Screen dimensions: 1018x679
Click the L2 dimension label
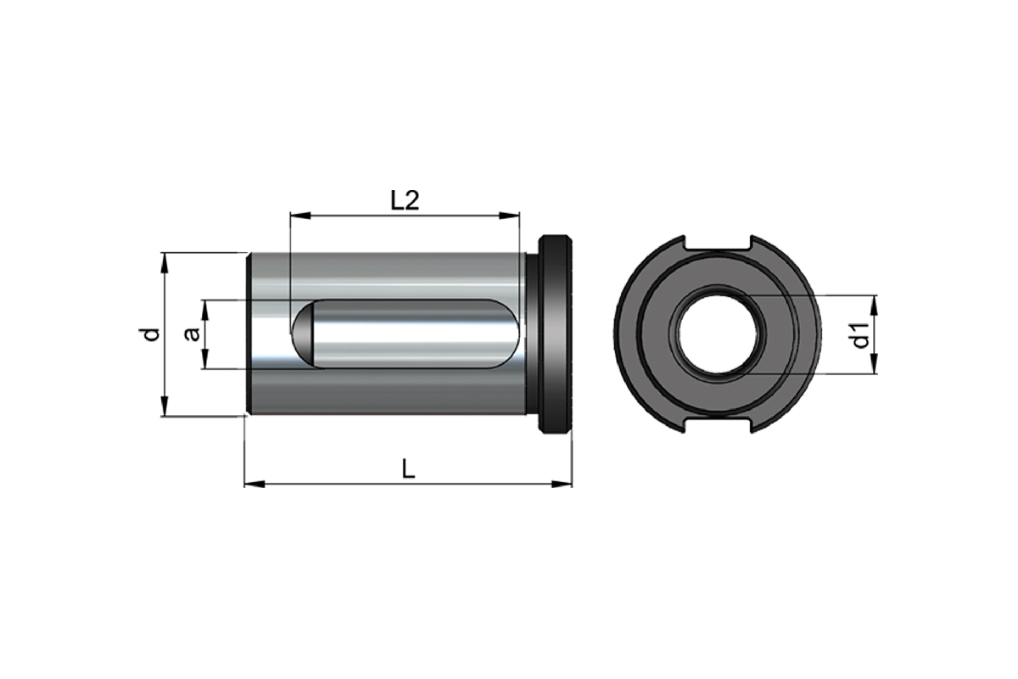405,200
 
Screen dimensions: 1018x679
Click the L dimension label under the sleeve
409,468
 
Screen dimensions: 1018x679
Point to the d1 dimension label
859,335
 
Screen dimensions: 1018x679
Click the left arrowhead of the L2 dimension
300,215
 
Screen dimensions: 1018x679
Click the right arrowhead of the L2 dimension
509,215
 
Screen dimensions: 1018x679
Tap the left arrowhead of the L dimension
255,485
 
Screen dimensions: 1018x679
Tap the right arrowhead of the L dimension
562,485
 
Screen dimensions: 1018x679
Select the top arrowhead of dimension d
165,263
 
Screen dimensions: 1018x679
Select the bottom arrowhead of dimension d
165,406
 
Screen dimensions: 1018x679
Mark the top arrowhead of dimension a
206,310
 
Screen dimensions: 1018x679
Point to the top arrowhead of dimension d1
875,306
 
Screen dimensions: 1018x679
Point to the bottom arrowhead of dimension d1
875,364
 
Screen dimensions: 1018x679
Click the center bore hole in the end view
717,334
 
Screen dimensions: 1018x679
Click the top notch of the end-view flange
717,243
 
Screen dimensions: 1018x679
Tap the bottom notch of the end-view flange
717,426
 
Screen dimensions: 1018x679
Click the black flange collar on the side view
555,334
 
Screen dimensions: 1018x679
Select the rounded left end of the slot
304,334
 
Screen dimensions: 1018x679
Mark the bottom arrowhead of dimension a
206,358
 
